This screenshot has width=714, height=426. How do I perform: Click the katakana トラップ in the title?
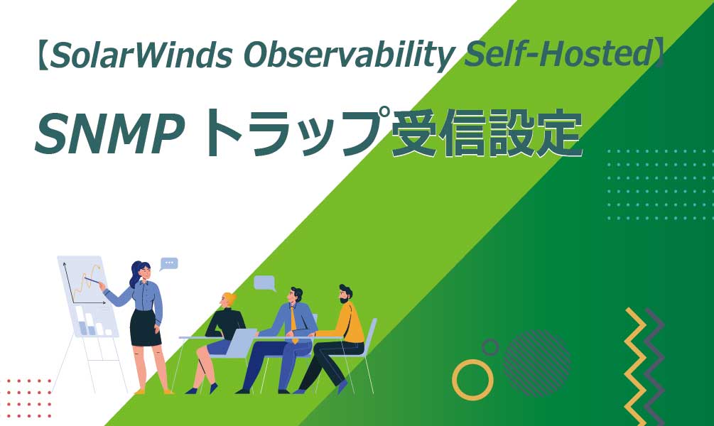click(291, 132)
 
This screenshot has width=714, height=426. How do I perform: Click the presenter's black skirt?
click(145, 328)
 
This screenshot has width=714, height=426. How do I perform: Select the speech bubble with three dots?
click(169, 263)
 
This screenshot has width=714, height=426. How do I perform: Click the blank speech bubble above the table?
click(264, 283)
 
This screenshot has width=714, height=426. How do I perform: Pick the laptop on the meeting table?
click(241, 342)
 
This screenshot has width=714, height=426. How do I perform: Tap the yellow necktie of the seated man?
click(293, 324)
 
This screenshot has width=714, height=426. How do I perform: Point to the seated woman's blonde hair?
click(229, 299)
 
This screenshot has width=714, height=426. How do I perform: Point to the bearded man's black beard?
click(345, 299)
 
